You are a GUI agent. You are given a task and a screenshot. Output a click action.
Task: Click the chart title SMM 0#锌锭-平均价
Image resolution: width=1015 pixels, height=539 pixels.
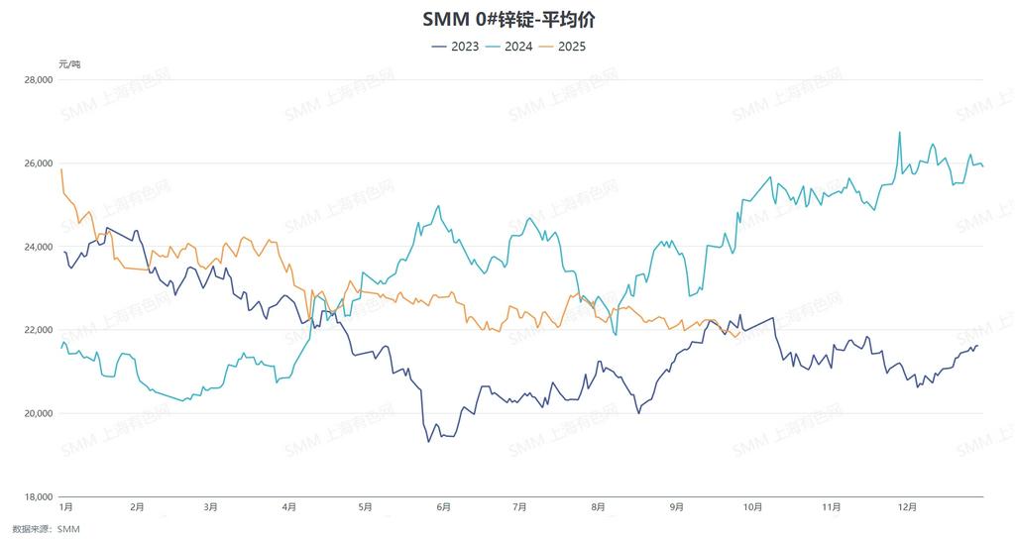pos(507,19)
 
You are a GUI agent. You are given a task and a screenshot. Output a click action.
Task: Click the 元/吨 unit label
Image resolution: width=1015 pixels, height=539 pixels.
pos(69,63)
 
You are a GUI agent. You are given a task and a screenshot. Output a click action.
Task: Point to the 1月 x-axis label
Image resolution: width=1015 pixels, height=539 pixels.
pos(66,507)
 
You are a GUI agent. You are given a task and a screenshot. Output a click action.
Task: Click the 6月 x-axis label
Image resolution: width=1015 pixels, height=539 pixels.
pos(442,507)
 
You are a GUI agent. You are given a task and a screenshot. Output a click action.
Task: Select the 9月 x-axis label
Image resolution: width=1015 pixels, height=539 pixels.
pos(676,507)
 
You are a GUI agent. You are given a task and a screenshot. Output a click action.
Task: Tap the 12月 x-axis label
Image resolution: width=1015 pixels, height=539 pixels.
pos(907,507)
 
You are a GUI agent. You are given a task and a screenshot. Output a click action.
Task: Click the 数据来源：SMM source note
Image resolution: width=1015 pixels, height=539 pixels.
pos(46,529)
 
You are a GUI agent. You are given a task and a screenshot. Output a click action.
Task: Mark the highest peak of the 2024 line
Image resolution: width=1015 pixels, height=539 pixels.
pos(899,132)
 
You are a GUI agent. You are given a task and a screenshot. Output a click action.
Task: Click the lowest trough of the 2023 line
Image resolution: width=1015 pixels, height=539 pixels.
pos(428,441)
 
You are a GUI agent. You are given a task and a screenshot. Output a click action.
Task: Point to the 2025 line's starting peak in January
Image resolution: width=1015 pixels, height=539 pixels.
pos(61,169)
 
